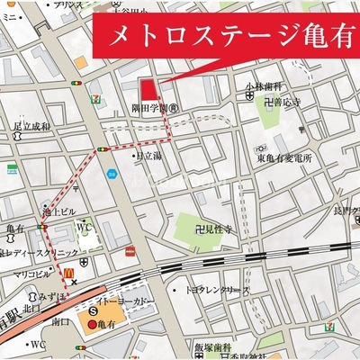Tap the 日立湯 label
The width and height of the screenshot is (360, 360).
[148, 156]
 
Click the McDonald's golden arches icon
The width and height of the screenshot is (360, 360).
[68, 269]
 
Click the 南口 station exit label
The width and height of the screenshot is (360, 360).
[60, 319]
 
